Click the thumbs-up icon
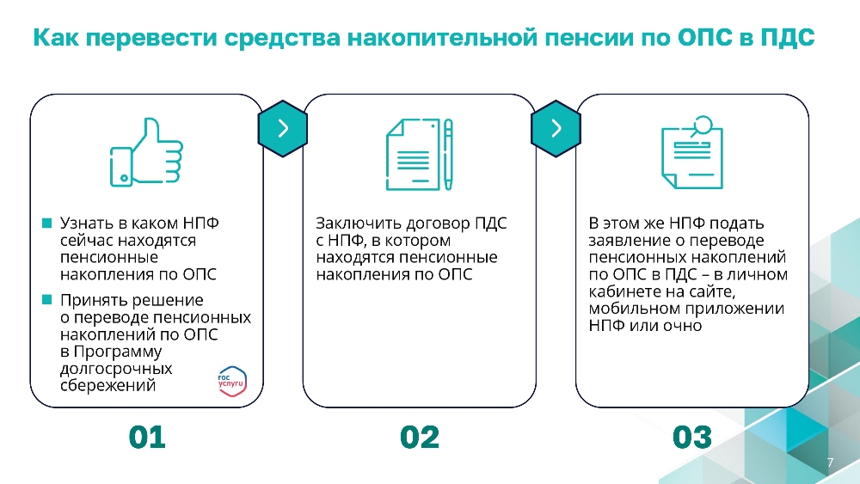[146, 152]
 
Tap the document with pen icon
[420, 154]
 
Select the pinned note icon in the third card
[692, 152]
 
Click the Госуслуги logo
[232, 381]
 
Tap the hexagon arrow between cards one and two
[282, 129]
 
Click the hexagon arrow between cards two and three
[556, 129]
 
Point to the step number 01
[147, 438]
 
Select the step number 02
[420, 438]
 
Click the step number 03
[692, 438]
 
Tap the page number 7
[830, 463]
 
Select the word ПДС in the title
[787, 38]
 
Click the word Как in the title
[56, 38]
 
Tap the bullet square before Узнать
[46, 224]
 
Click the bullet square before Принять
[46, 299]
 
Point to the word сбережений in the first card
[108, 385]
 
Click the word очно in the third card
[682, 326]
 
